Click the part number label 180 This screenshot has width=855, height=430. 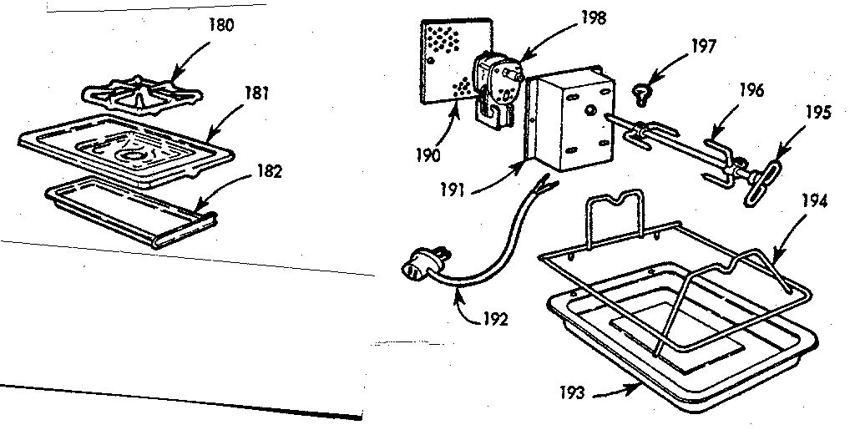[221, 24]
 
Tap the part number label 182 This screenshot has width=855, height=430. [269, 173]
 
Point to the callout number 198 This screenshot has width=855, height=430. [595, 17]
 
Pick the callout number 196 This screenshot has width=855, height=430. [751, 90]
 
